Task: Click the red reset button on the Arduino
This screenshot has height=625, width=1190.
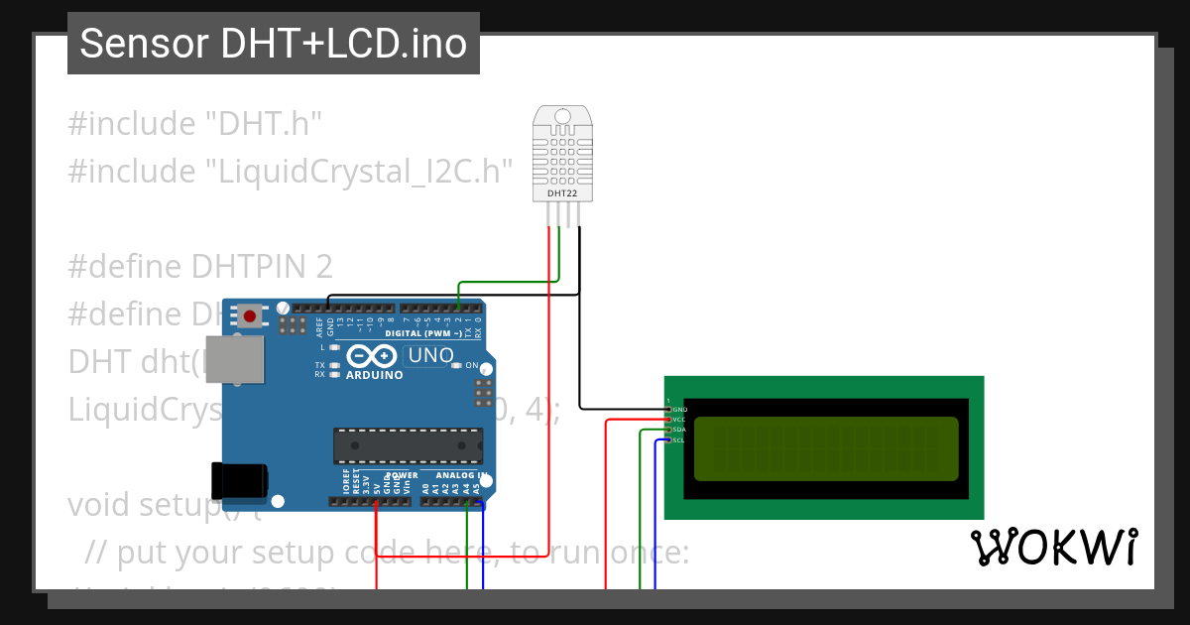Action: pyautogui.click(x=250, y=316)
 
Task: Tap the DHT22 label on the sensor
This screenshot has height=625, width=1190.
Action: pyautogui.click(x=562, y=193)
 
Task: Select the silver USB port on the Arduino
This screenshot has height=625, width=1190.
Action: pyautogui.click(x=241, y=359)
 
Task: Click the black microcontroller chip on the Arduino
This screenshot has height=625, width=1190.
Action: pyautogui.click(x=408, y=446)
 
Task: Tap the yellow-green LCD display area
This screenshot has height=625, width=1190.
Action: pyautogui.click(x=826, y=448)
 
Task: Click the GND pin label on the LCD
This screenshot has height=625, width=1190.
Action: pyautogui.click(x=679, y=409)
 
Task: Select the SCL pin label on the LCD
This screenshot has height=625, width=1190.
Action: pyautogui.click(x=678, y=439)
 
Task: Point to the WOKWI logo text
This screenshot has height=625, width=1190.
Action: pyautogui.click(x=1053, y=547)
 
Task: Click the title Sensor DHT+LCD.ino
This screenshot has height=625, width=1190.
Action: pyautogui.click(x=273, y=44)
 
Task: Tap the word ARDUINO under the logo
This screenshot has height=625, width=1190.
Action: pyautogui.click(x=374, y=376)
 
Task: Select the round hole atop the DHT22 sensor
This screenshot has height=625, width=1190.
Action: pyautogui.click(x=562, y=116)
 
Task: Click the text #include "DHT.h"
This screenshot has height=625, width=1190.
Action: pyautogui.click(x=195, y=124)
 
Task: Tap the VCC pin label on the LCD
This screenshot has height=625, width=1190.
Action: pyautogui.click(x=678, y=420)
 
